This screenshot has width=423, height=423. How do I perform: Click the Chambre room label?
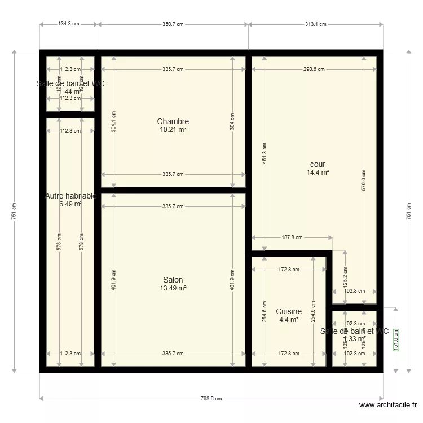[x=173, y=121]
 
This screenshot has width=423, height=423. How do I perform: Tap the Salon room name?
[x=173, y=280]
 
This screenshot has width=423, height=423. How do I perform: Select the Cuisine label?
[x=289, y=311]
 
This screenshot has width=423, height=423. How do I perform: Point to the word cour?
[x=318, y=165]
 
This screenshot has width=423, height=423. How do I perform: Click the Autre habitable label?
[x=70, y=196]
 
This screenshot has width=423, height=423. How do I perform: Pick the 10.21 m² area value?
[x=173, y=129]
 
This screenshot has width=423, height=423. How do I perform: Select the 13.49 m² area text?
[x=173, y=288]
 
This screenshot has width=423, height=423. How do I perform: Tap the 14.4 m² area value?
[x=318, y=173]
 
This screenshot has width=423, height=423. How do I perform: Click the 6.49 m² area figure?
[x=70, y=204]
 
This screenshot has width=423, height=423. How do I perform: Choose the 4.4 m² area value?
[x=289, y=320]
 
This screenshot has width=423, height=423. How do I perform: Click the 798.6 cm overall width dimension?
[x=211, y=398]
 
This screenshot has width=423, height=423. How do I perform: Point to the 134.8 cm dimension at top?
[x=69, y=24]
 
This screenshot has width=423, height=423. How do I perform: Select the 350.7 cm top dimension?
[x=173, y=24]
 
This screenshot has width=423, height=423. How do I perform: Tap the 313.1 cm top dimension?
[x=315, y=24]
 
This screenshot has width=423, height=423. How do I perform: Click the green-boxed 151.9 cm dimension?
[x=396, y=340]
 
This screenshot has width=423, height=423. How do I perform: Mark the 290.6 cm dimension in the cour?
[x=314, y=69]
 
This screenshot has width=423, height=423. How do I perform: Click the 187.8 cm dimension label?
[x=292, y=237]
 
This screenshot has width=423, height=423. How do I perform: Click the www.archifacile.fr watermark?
[x=389, y=405]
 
